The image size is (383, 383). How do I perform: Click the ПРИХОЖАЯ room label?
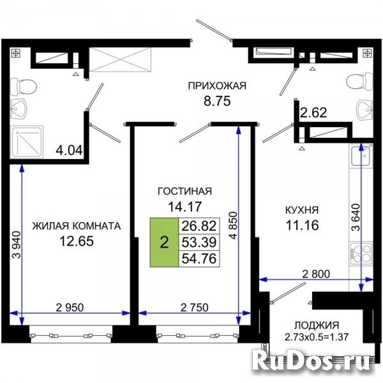(217, 86)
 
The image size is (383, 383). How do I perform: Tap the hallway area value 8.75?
(217, 101)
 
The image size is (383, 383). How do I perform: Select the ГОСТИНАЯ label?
(185, 191)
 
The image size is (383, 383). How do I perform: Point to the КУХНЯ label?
(302, 210)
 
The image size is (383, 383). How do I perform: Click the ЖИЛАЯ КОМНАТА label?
(77, 226)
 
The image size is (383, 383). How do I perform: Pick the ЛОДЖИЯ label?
(317, 326)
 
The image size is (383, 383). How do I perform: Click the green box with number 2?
(164, 243)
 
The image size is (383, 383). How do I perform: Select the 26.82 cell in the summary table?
(199, 226)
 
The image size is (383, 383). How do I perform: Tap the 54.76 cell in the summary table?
(199, 259)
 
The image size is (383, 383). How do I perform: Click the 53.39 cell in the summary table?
(199, 243)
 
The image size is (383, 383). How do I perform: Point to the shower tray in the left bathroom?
(27, 142)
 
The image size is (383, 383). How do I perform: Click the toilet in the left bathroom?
(24, 87)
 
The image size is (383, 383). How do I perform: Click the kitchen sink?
(361, 155)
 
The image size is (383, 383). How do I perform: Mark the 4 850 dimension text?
(234, 225)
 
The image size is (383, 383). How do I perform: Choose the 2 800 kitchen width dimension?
(316, 274)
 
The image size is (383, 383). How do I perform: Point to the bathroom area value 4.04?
(70, 150)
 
